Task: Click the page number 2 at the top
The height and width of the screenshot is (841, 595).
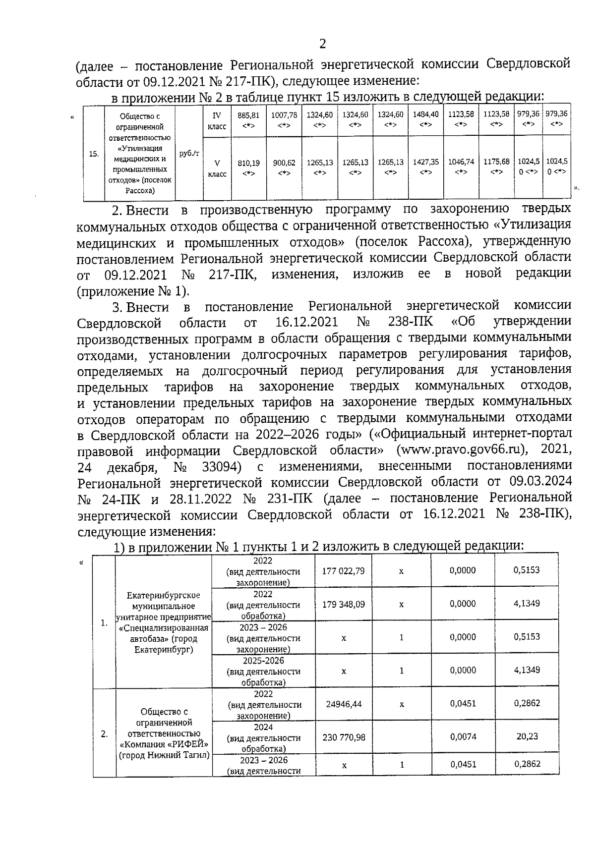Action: [x=323, y=44]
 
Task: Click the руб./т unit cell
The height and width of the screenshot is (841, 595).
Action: [x=189, y=153]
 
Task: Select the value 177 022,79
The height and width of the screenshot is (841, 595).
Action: [x=343, y=571]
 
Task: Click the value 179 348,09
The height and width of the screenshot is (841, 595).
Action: [x=343, y=604]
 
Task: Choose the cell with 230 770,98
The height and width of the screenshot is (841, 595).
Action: [x=343, y=737]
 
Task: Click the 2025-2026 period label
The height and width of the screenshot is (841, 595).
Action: [x=263, y=661]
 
